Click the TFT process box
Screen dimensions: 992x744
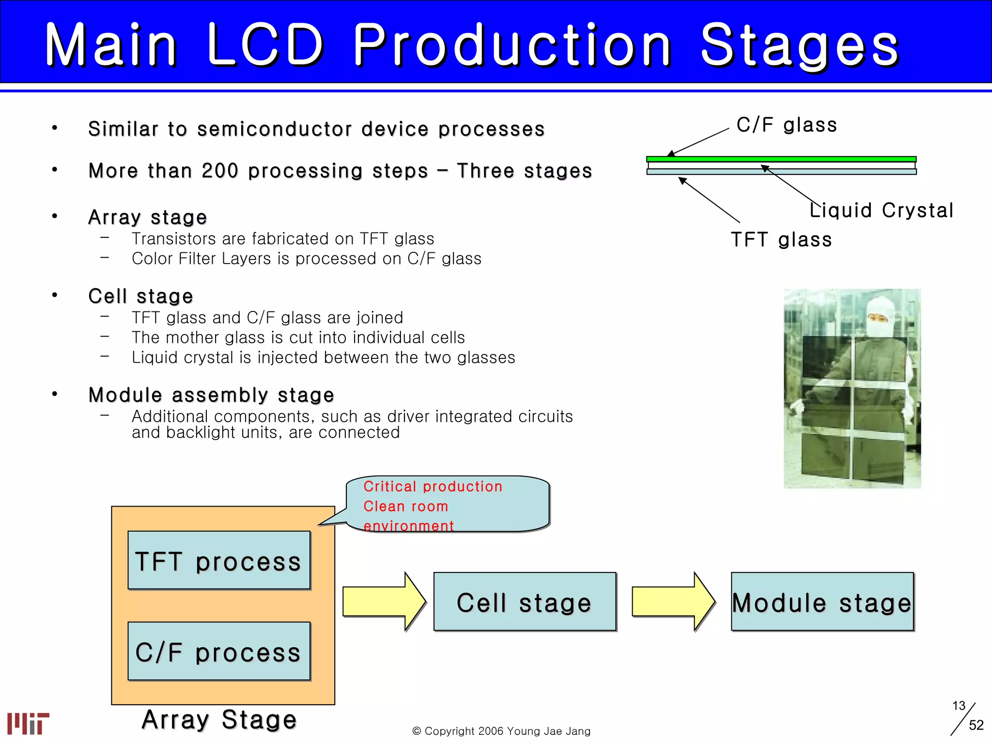point(219,560)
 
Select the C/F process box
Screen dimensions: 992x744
point(219,651)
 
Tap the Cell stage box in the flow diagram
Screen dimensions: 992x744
point(525,602)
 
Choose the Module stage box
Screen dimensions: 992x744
point(822,602)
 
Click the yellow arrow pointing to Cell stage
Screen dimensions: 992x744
point(383,602)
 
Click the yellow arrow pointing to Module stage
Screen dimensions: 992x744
point(672,602)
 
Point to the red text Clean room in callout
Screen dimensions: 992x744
point(406,506)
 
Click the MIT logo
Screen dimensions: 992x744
point(28,723)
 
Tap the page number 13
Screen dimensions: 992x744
point(959,706)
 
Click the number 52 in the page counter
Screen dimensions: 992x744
point(976,725)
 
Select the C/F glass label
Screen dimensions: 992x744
point(787,125)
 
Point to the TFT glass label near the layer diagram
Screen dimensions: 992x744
point(781,240)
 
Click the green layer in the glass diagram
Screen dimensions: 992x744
point(781,159)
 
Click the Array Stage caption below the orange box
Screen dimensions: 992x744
point(219,719)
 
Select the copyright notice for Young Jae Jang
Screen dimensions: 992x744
point(501,731)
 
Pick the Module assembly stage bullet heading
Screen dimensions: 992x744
point(211,395)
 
